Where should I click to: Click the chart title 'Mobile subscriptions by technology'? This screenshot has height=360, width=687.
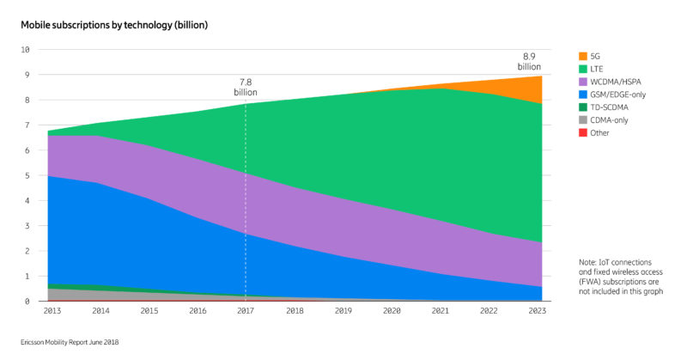pyautogui.click(x=114, y=25)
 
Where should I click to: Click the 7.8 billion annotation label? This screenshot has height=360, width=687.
pyautogui.click(x=246, y=87)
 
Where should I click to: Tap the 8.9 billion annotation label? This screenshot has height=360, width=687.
pyautogui.click(x=529, y=59)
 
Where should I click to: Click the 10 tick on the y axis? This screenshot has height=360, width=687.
pyautogui.click(x=25, y=50)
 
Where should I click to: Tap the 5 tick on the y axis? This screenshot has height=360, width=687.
pyautogui.click(x=27, y=176)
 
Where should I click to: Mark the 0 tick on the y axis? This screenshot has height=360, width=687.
pyautogui.click(x=27, y=302)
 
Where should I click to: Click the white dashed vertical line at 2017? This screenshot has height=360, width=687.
pyautogui.click(x=246, y=206)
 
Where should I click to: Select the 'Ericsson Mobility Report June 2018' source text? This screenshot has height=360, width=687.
pyautogui.click(x=70, y=342)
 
